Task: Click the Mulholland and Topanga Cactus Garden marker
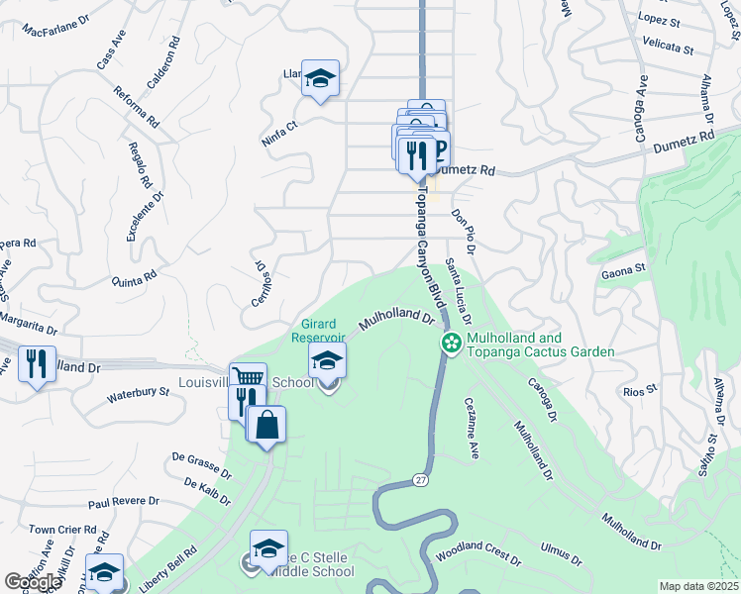(x=451, y=343)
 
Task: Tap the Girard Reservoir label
(x=316, y=331)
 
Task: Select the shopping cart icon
(x=248, y=378)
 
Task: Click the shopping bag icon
(x=267, y=425)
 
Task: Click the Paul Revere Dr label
(x=124, y=503)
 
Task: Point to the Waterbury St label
(x=138, y=394)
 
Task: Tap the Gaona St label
(x=623, y=268)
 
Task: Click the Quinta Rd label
(x=135, y=276)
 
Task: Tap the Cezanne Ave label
(x=471, y=427)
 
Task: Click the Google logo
(x=33, y=582)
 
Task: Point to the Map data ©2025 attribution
(x=698, y=586)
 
